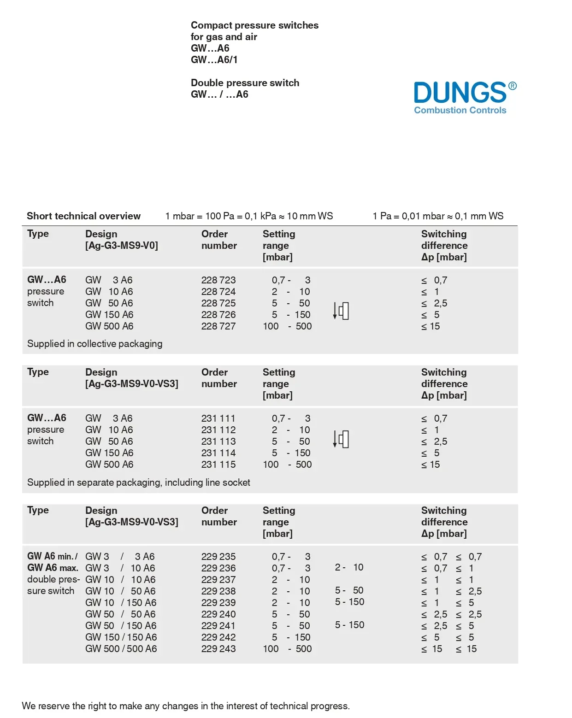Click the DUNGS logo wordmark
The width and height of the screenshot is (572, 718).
click(x=460, y=93)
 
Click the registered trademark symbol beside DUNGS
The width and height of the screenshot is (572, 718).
click(x=512, y=86)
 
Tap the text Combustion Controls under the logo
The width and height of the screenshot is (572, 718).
click(x=460, y=110)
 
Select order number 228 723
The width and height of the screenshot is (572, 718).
click(x=218, y=280)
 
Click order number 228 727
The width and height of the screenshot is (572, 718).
click(x=218, y=326)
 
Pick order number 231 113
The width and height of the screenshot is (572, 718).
click(x=218, y=441)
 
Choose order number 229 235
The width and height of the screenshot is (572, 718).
click(x=218, y=557)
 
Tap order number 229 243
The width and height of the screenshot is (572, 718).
click(x=218, y=649)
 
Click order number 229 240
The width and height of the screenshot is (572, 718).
click(x=218, y=614)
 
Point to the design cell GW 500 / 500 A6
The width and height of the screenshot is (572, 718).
click(x=121, y=649)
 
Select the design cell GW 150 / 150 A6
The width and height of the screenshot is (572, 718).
click(x=121, y=637)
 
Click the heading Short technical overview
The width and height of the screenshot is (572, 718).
click(x=83, y=216)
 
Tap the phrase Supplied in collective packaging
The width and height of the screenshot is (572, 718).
click(x=94, y=344)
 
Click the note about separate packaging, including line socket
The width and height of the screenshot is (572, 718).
click(x=138, y=483)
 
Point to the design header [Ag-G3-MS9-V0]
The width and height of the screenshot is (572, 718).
click(x=121, y=246)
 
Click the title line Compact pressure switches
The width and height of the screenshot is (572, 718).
click(x=254, y=25)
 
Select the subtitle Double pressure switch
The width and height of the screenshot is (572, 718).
click(x=245, y=83)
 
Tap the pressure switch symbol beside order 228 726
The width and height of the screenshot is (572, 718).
click(x=341, y=311)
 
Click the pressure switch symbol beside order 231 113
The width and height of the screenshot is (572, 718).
click(x=341, y=439)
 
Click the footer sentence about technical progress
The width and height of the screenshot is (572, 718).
click(x=185, y=706)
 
